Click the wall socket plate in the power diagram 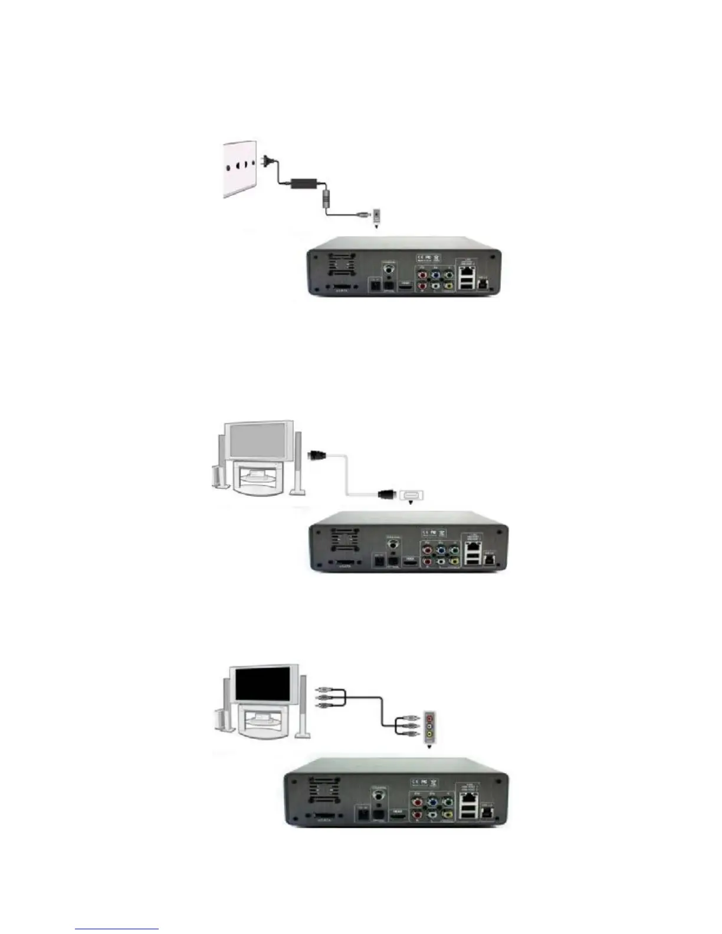239,169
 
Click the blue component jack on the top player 435,274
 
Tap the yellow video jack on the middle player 454,563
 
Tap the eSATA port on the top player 342,289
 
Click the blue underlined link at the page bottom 117,929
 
